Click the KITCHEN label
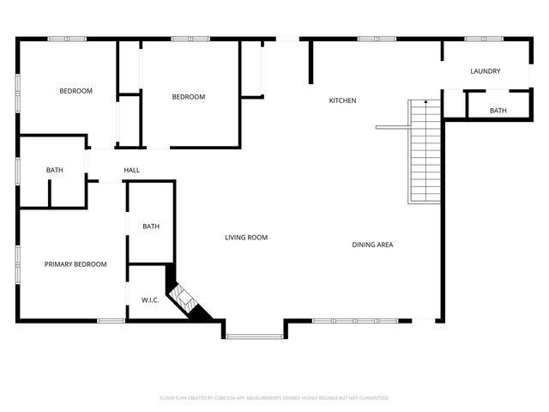point(342,100)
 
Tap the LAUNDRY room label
point(485,71)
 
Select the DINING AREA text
point(372,245)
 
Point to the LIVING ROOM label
point(246,238)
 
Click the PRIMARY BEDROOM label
point(75,264)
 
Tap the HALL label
point(131,170)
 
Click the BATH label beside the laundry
point(498,111)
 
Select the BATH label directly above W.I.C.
point(150,227)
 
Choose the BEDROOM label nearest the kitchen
point(188,97)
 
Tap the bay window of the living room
point(255,336)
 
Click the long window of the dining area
point(354,321)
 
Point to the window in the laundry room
point(483,39)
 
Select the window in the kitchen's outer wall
point(370,39)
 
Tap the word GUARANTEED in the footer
point(372,398)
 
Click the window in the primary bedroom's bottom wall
point(111,321)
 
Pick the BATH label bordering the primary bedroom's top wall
point(54,170)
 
